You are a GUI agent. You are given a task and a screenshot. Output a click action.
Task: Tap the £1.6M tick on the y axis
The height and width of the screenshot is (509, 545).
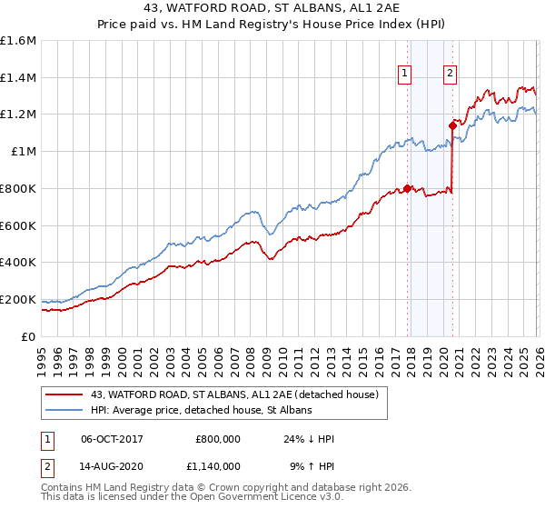pyautogui.click(x=18, y=41)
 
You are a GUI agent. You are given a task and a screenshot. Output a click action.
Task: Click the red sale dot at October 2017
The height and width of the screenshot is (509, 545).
pyautogui.click(x=407, y=189)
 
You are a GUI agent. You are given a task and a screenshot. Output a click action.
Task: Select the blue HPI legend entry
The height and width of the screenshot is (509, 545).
pyautogui.click(x=201, y=410)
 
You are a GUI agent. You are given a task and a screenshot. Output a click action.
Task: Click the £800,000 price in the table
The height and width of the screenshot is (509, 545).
pyautogui.click(x=217, y=439)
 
